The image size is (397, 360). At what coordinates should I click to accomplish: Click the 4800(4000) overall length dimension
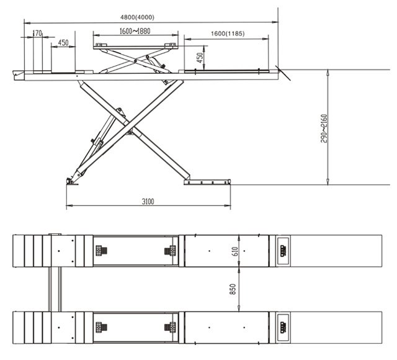coord(137,17)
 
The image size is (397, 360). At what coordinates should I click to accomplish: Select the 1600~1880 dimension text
coord(135,31)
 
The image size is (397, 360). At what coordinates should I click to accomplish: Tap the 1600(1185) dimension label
coord(228,34)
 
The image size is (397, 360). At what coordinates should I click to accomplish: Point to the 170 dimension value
coord(37,33)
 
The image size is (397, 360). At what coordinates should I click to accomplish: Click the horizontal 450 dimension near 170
coord(63,43)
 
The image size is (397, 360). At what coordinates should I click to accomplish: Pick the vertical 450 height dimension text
coord(200,58)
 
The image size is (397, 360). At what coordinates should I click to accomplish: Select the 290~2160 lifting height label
coord(324,128)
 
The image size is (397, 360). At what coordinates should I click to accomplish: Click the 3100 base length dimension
coord(148,201)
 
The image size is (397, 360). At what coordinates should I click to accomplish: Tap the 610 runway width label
coord(235,251)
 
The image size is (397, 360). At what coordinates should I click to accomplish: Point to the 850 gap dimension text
coord(233,289)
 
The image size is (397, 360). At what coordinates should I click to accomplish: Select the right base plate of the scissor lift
coord(207,182)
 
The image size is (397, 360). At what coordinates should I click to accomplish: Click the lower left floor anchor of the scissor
coord(72,181)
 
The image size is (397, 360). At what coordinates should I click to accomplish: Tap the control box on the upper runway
coord(283,251)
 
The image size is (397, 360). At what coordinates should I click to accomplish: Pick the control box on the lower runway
coord(283,327)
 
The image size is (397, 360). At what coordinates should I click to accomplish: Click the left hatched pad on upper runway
coord(101,251)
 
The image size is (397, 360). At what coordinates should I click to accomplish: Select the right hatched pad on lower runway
coord(170,327)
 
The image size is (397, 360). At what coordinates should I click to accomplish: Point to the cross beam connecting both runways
coord(55,289)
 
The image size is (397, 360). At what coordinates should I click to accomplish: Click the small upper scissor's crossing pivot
coord(135,61)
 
